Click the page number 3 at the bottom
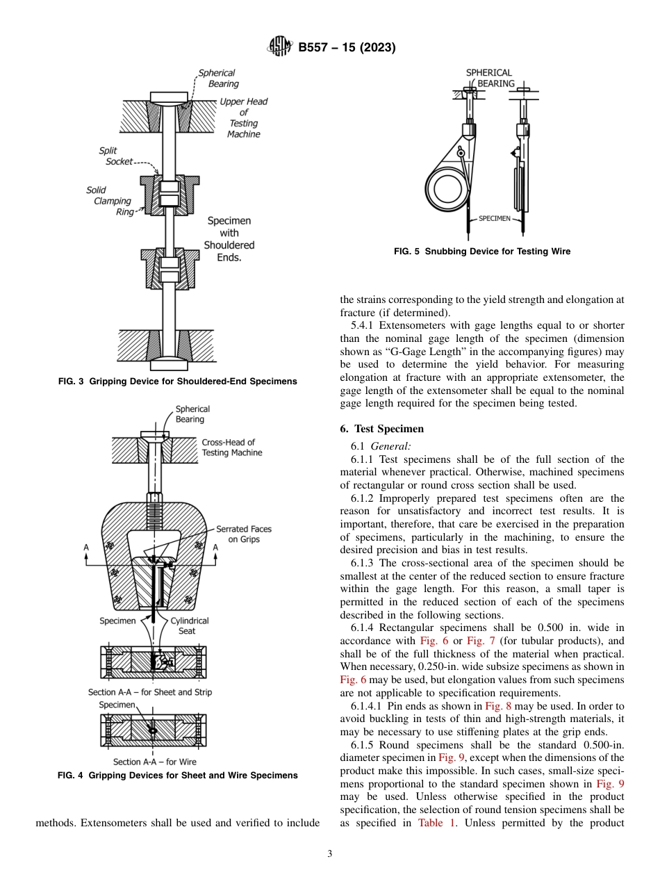pos(329,854)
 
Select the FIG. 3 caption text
pos(176,381)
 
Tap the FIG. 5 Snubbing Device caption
pos(481,252)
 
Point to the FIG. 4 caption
pos(177,775)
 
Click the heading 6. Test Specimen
pos(381,429)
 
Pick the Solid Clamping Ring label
pos(110,201)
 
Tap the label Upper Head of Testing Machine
pos(243,117)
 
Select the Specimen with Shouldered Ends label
pos(229,239)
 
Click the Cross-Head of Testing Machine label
pos(232,447)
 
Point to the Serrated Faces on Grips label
pos(243,534)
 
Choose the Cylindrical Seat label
pos(189,625)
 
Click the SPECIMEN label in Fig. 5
pos(494,218)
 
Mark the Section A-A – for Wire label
pos(154,762)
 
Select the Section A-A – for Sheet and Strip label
pos(150,692)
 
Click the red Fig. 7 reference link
pos(479,640)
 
